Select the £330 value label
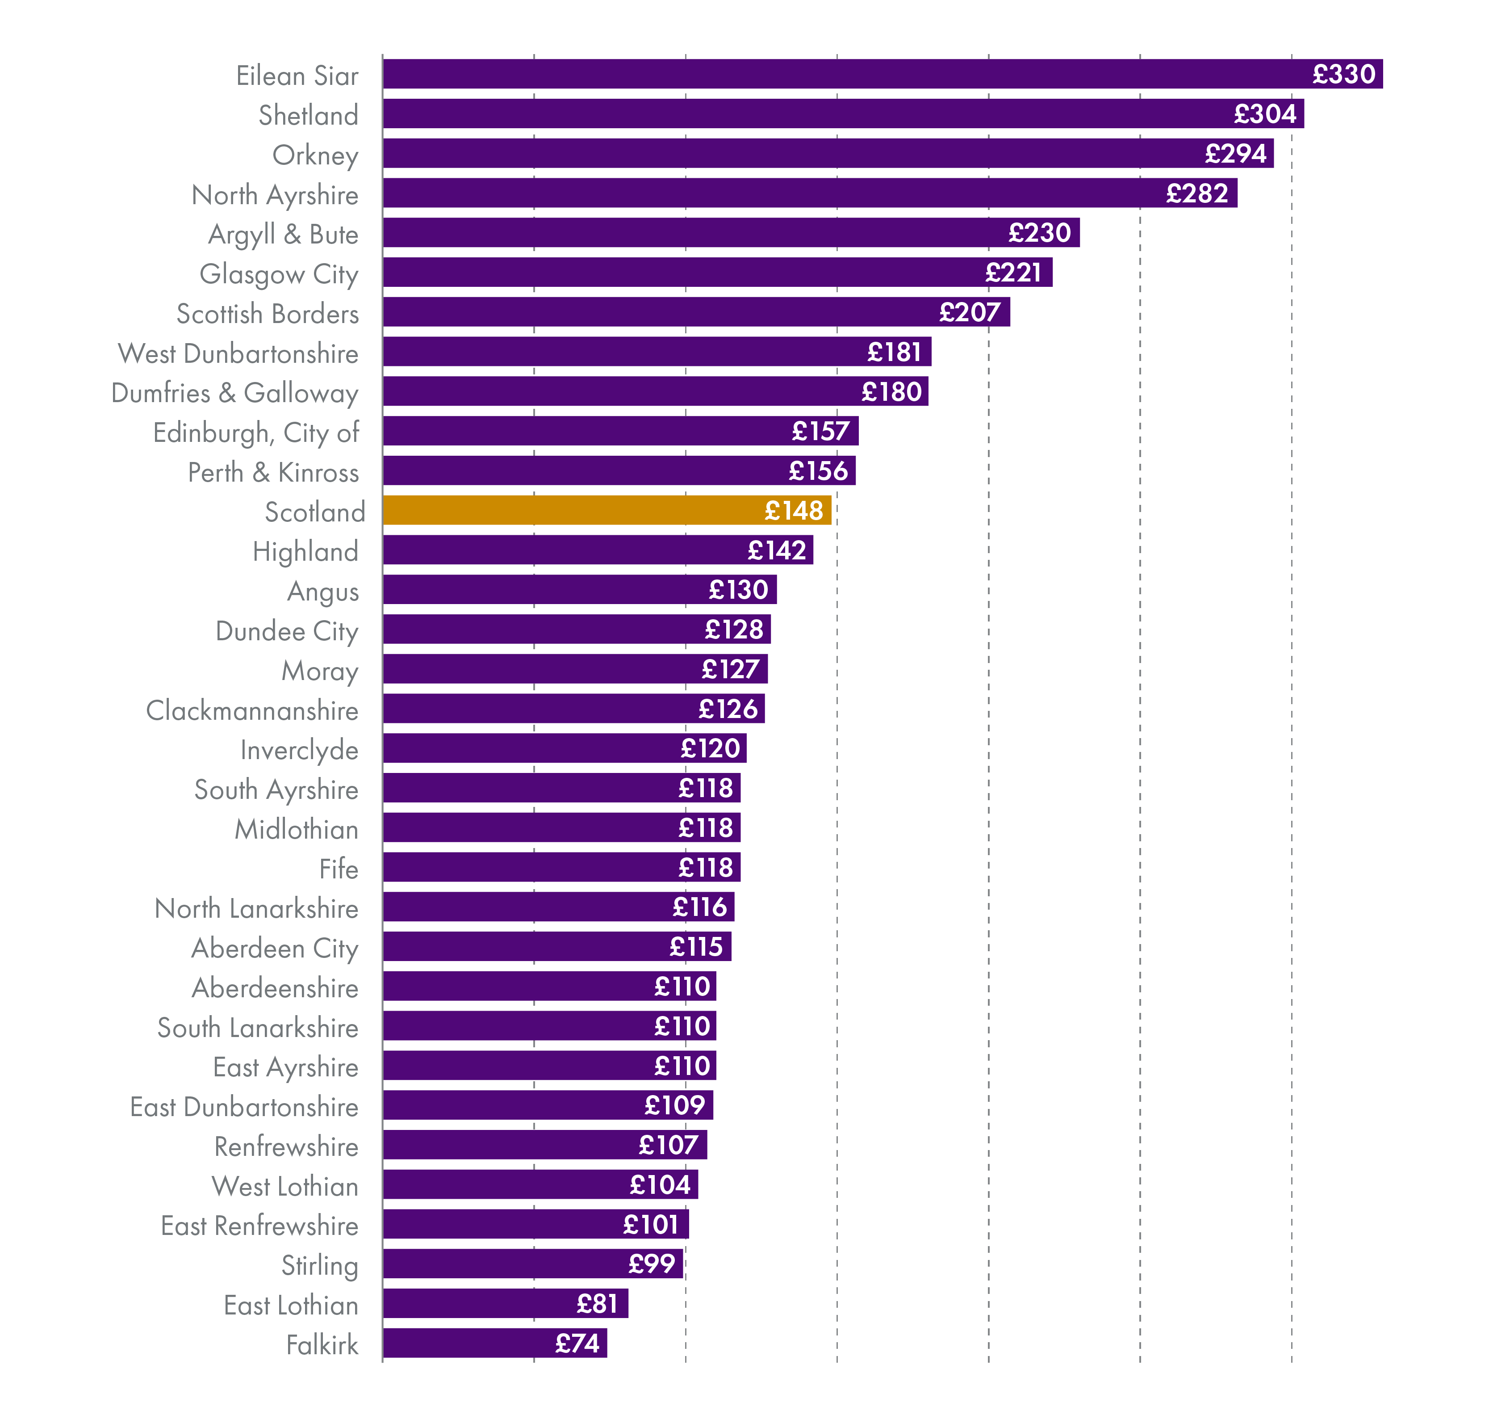point(1343,74)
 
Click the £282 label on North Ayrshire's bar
point(1196,193)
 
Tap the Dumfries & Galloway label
point(234,393)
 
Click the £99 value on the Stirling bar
point(652,1264)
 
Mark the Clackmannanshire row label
point(252,710)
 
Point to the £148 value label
point(793,511)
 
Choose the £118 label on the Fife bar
point(705,867)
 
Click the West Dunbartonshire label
point(238,353)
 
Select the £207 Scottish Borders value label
point(970,311)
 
